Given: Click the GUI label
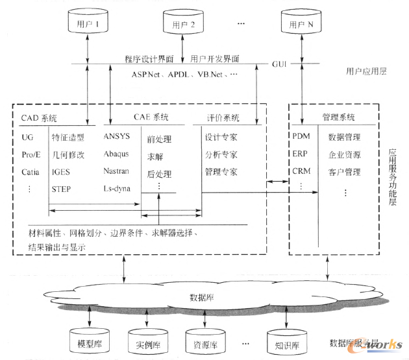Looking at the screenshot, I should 280,64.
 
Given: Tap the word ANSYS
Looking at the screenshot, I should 116,136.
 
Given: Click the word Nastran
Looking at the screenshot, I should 118,171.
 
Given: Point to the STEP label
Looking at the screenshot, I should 62,189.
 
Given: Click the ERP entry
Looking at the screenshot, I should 301,154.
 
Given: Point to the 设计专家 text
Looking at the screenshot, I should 220,137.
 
